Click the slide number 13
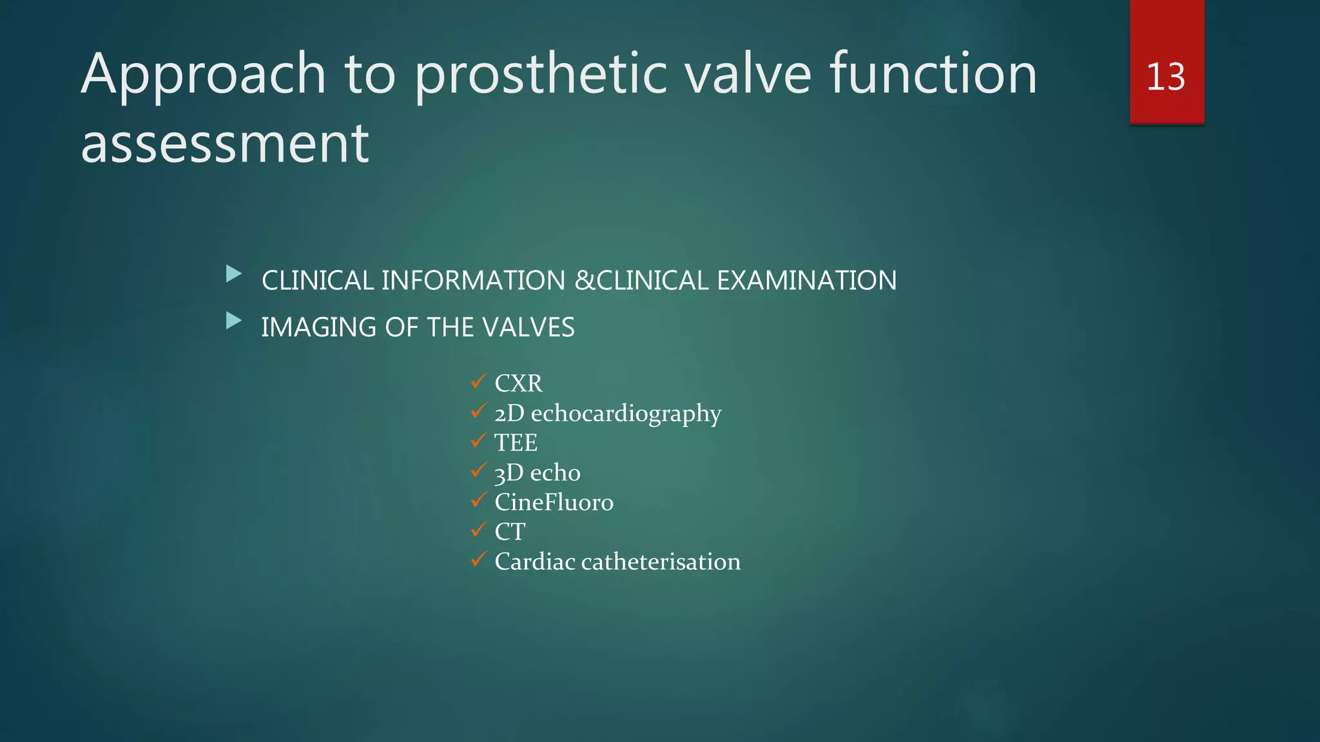[1165, 77]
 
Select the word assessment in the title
[225, 143]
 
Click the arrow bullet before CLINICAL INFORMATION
[234, 274]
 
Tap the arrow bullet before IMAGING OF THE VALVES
[234, 321]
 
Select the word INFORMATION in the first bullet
[473, 281]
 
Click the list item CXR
[518, 383]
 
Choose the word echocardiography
[626, 414]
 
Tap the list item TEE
[516, 442]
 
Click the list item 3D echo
[537, 473]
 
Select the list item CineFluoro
[554, 502]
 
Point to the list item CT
[510, 532]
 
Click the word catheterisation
[661, 562]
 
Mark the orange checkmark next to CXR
[478, 381]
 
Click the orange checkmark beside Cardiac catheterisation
[478, 559]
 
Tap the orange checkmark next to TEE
[478, 441]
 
